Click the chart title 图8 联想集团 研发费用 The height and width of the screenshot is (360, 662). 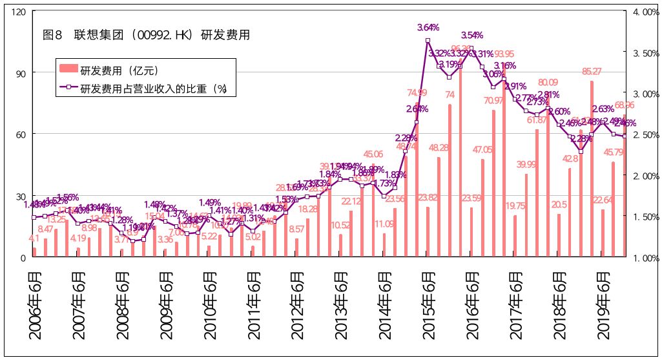pyautogui.click(x=145, y=35)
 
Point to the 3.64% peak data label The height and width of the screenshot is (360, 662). pyautogui.click(x=428, y=28)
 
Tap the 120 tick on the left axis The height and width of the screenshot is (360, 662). pyautogui.click(x=19, y=12)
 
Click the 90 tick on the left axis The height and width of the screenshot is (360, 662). pyautogui.click(x=21, y=73)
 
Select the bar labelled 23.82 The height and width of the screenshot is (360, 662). pyautogui.click(x=428, y=232)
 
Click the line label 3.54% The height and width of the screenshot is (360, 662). pyautogui.click(x=472, y=35)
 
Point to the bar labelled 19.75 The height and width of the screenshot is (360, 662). pyautogui.click(x=515, y=236)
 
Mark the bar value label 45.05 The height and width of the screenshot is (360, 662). pyautogui.click(x=373, y=154)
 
